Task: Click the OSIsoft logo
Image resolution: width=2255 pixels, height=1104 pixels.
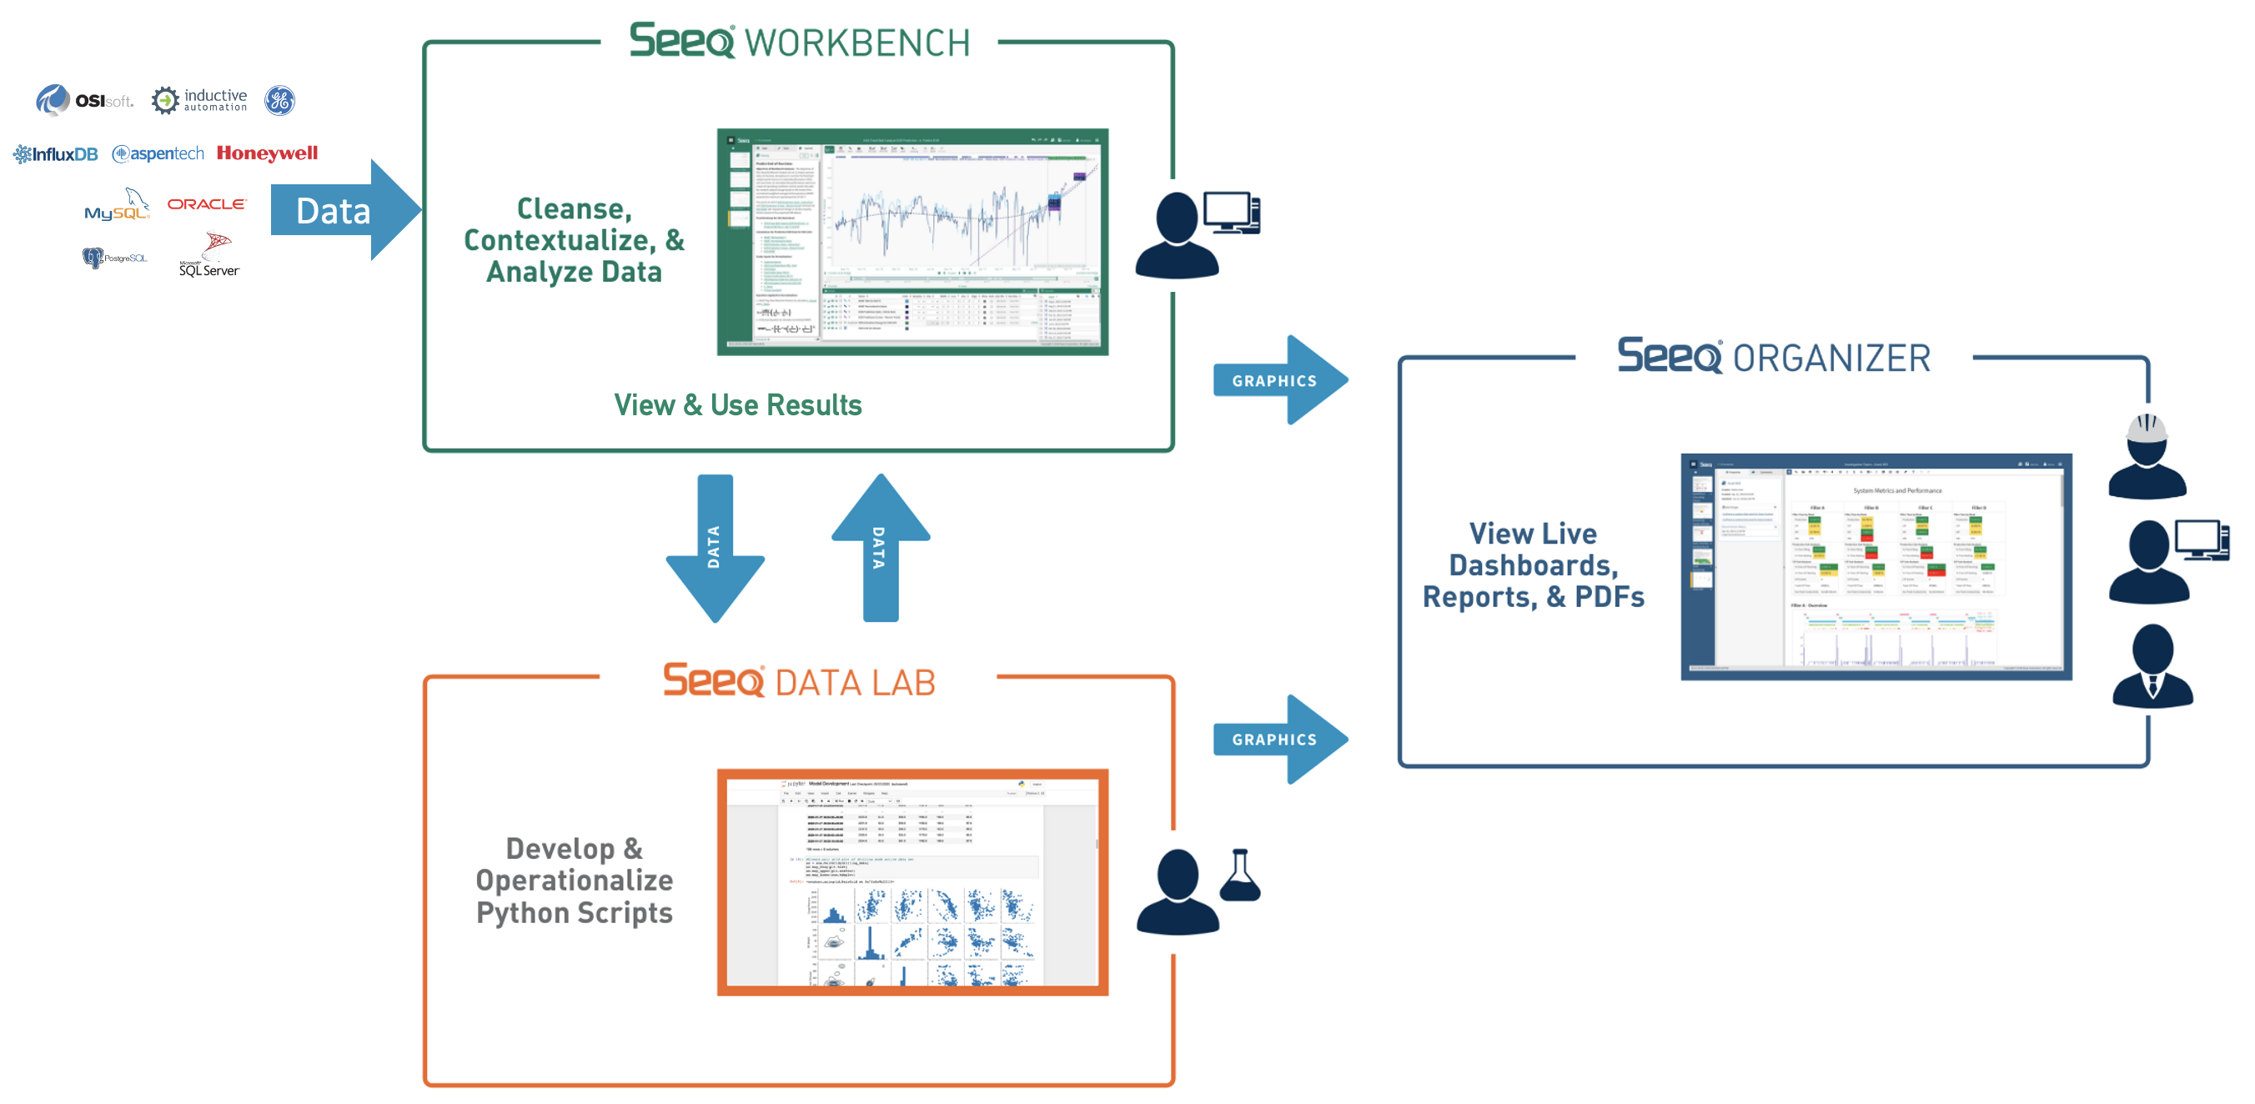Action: tap(84, 101)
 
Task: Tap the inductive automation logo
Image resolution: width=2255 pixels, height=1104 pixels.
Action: tap(199, 101)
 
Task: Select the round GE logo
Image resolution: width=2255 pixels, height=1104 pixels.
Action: tap(280, 101)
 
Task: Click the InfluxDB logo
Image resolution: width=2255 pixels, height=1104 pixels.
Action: tap(55, 155)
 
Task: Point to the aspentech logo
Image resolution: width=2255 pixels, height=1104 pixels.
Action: tap(158, 154)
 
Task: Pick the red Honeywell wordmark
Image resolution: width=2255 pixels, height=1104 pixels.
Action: tap(267, 153)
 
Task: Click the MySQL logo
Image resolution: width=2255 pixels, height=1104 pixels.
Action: tap(118, 207)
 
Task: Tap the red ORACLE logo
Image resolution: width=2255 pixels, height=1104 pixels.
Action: tap(207, 204)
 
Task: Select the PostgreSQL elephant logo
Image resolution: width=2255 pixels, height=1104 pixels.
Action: tap(113, 258)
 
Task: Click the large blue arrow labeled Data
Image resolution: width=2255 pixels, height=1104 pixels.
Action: tap(346, 210)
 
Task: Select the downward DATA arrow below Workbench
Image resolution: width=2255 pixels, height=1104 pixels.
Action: tap(716, 548)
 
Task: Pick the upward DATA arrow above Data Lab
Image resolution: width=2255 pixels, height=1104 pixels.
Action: tap(880, 548)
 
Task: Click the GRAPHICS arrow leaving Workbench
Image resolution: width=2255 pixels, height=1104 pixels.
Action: tap(1279, 381)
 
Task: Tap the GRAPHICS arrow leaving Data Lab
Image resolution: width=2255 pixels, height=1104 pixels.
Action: tap(1279, 740)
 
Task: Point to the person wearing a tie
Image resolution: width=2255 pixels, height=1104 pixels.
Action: tap(2152, 667)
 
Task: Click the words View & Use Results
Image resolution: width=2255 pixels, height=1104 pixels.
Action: tap(737, 405)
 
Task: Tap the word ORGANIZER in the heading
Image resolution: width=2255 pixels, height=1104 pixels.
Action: tap(1831, 359)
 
